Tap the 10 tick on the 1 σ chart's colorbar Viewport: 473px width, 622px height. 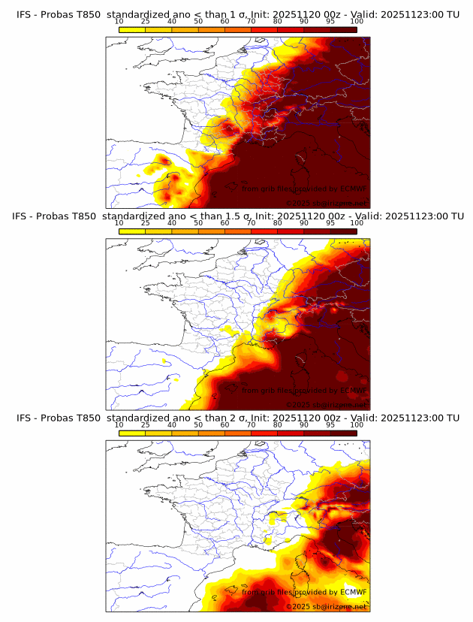pyautogui.click(x=119, y=22)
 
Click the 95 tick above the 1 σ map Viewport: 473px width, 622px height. pyautogui.click(x=330, y=22)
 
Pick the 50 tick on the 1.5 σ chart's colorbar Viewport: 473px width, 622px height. pyautogui.click(x=198, y=223)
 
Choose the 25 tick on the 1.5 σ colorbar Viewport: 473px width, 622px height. pyautogui.click(x=145, y=223)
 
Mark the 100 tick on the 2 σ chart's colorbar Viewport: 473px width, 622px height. pyautogui.click(x=357, y=424)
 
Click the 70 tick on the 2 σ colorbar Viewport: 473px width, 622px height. pyautogui.click(x=251, y=424)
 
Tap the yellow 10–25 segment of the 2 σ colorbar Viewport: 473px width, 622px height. pyautogui.click(x=132, y=433)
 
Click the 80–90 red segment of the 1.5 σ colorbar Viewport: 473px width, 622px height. pyautogui.click(x=291, y=231)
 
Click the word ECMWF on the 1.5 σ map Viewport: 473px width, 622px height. pyautogui.click(x=354, y=391)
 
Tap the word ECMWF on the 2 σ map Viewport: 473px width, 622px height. pyautogui.click(x=354, y=592)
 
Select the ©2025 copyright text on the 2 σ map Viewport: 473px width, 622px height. pyautogui.click(x=298, y=606)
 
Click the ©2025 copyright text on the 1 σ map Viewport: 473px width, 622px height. pyautogui.click(x=298, y=204)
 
